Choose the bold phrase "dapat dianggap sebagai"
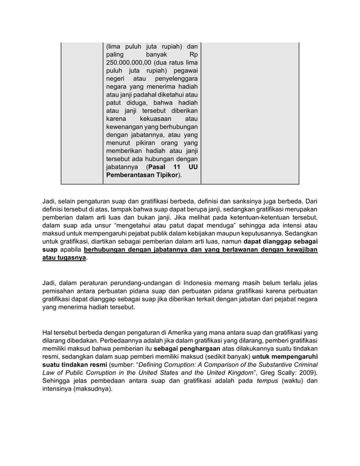pyautogui.click(x=280, y=240)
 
